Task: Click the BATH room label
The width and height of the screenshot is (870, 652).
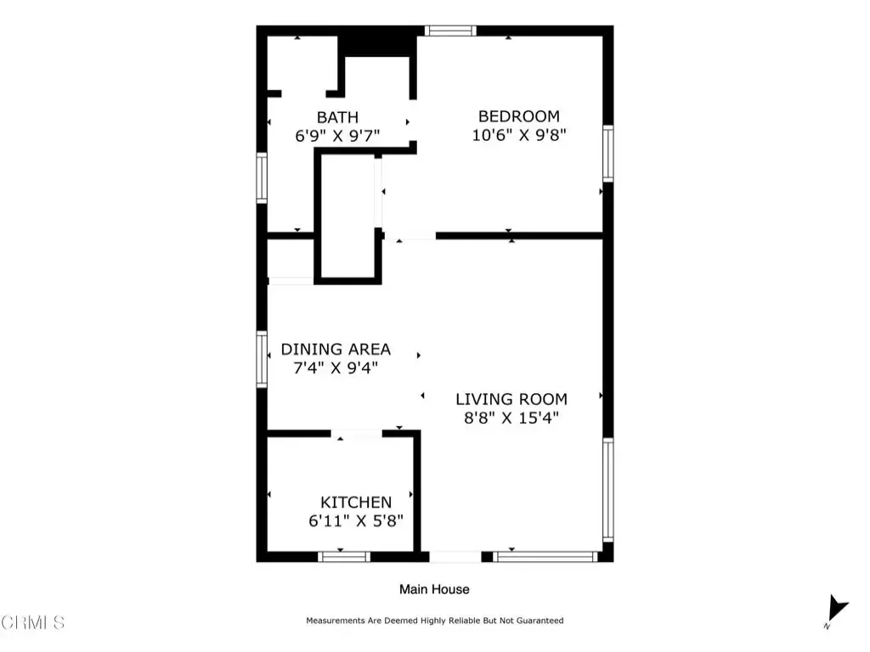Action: [x=337, y=117]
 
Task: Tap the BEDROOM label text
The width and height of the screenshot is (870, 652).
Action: [x=519, y=116]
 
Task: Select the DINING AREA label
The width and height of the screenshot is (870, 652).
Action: [x=336, y=349]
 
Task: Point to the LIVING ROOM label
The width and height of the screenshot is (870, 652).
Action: [x=511, y=399]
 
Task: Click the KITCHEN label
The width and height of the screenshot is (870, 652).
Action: [x=356, y=503]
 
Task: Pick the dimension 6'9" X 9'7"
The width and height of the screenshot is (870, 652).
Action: [x=337, y=135]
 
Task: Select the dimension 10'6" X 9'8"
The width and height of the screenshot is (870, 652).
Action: [x=519, y=135]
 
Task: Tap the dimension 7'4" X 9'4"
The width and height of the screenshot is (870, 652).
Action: [x=336, y=368]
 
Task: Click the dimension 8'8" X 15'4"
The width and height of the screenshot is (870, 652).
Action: [x=511, y=418]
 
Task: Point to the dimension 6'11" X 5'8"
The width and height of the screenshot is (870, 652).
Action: [x=356, y=520]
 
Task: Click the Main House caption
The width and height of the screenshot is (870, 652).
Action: [x=434, y=589]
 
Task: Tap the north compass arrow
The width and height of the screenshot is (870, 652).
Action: [x=837, y=608]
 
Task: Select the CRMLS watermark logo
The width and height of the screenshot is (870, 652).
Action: [x=32, y=622]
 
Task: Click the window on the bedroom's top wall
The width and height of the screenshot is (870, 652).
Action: [x=450, y=31]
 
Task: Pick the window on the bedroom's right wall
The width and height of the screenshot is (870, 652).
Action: [x=608, y=154]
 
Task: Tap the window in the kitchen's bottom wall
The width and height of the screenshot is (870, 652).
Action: [x=344, y=557]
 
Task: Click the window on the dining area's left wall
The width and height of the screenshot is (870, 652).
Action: [x=262, y=359]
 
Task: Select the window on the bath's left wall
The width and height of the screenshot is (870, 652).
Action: [x=262, y=177]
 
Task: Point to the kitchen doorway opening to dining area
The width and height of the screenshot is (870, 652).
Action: [x=357, y=434]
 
